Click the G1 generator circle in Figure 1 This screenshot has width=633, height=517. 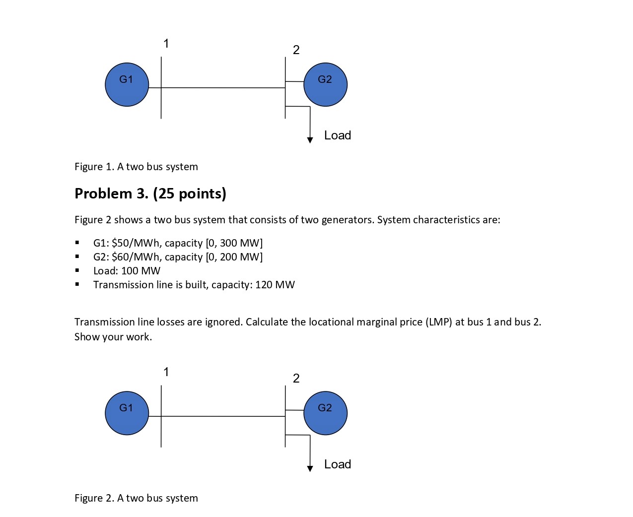[x=127, y=84]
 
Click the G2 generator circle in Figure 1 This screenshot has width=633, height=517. [x=325, y=84]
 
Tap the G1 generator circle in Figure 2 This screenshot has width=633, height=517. [x=127, y=413]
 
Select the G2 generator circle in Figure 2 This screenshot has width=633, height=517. [x=325, y=413]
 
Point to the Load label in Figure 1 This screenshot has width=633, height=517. [x=338, y=135]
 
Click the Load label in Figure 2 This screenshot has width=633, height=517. [x=338, y=464]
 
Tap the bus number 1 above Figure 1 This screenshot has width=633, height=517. [x=166, y=44]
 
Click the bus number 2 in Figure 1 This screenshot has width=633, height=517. [x=296, y=50]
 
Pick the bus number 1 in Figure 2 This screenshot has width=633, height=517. [x=166, y=372]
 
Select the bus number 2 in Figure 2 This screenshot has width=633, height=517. [x=296, y=379]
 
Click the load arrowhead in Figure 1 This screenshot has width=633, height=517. [x=310, y=140]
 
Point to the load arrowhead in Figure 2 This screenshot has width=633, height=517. [x=310, y=469]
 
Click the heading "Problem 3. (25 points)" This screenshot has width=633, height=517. [x=150, y=194]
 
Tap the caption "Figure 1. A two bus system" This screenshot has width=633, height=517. [x=136, y=167]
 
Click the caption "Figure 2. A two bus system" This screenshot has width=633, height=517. [x=136, y=498]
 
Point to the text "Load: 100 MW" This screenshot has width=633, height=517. [x=127, y=271]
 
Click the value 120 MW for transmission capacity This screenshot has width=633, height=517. [x=275, y=285]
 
